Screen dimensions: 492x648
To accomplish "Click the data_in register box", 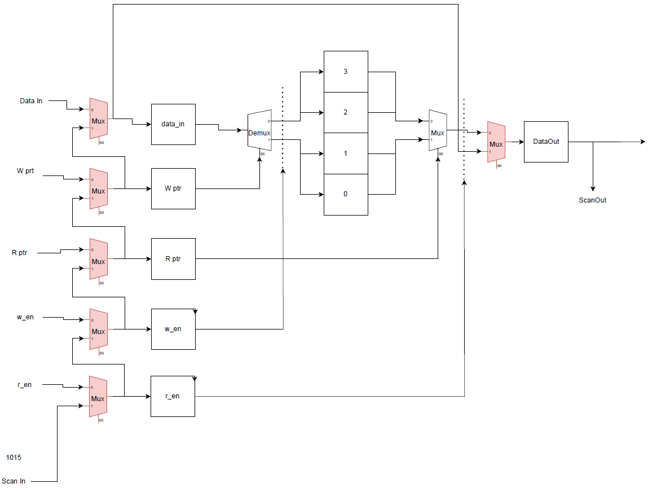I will (x=173, y=124).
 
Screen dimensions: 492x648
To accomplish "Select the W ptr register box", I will (x=173, y=188).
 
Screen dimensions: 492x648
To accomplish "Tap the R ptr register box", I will (x=173, y=259).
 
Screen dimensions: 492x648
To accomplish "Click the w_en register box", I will (x=173, y=329).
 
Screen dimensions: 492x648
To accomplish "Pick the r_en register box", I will (x=173, y=396).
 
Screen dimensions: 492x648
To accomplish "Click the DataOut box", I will (x=546, y=142).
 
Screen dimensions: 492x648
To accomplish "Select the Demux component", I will (x=259, y=133).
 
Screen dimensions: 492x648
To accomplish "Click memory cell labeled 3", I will (x=346, y=72).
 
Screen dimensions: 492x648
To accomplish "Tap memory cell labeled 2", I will (x=346, y=112).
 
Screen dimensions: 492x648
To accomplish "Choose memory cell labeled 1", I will (x=346, y=153).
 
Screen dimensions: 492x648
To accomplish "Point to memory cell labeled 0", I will (x=346, y=194).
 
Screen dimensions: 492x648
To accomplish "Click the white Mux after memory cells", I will (x=438, y=133).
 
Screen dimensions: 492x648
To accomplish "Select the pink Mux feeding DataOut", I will (x=496, y=143).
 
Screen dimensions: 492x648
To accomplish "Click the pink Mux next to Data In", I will (x=99, y=120).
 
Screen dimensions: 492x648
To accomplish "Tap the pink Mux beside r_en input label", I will (x=99, y=397).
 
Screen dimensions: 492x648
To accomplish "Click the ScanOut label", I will (x=593, y=200).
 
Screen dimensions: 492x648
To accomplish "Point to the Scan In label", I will (x=14, y=481).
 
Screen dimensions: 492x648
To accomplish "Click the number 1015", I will (x=14, y=458).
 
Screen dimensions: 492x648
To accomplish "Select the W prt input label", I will (x=25, y=171).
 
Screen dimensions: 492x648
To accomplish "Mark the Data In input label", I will (x=31, y=101).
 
